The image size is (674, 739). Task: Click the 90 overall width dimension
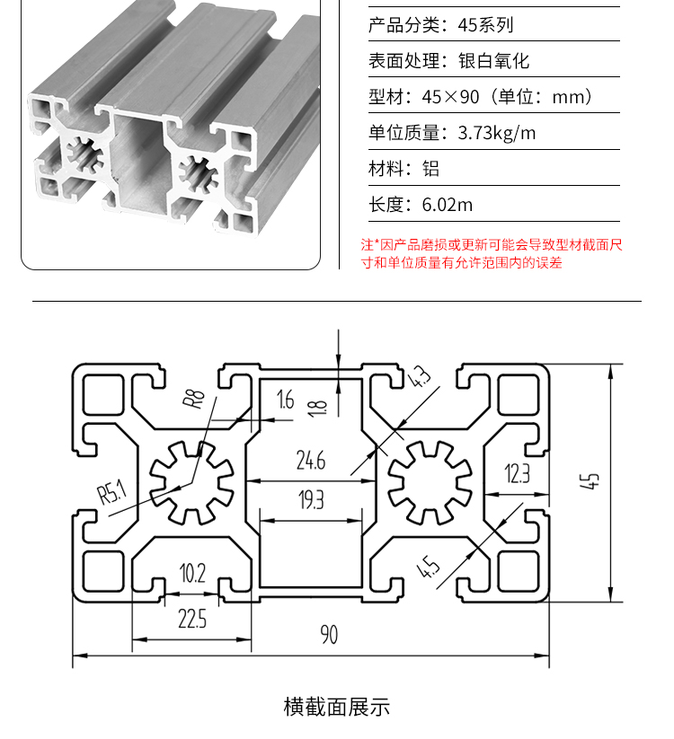(329, 634)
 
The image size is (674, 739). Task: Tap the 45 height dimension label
(590, 481)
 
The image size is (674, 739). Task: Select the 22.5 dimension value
(192, 619)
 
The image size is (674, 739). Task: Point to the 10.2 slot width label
(192, 573)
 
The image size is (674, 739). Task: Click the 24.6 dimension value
(311, 461)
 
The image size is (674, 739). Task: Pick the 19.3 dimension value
(311, 500)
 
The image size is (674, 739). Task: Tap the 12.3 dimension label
(518, 473)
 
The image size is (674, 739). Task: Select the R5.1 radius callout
(112, 491)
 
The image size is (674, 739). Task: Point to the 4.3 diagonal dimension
(419, 376)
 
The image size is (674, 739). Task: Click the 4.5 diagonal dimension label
(429, 567)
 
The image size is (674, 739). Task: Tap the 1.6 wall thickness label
(286, 400)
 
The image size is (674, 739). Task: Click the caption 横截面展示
(337, 707)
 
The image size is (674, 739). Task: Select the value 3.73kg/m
(497, 133)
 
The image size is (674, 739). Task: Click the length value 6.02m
(448, 205)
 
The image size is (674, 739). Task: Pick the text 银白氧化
(494, 61)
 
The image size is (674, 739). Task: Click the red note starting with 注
(492, 253)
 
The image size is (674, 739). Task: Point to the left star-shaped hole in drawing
(191, 482)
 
